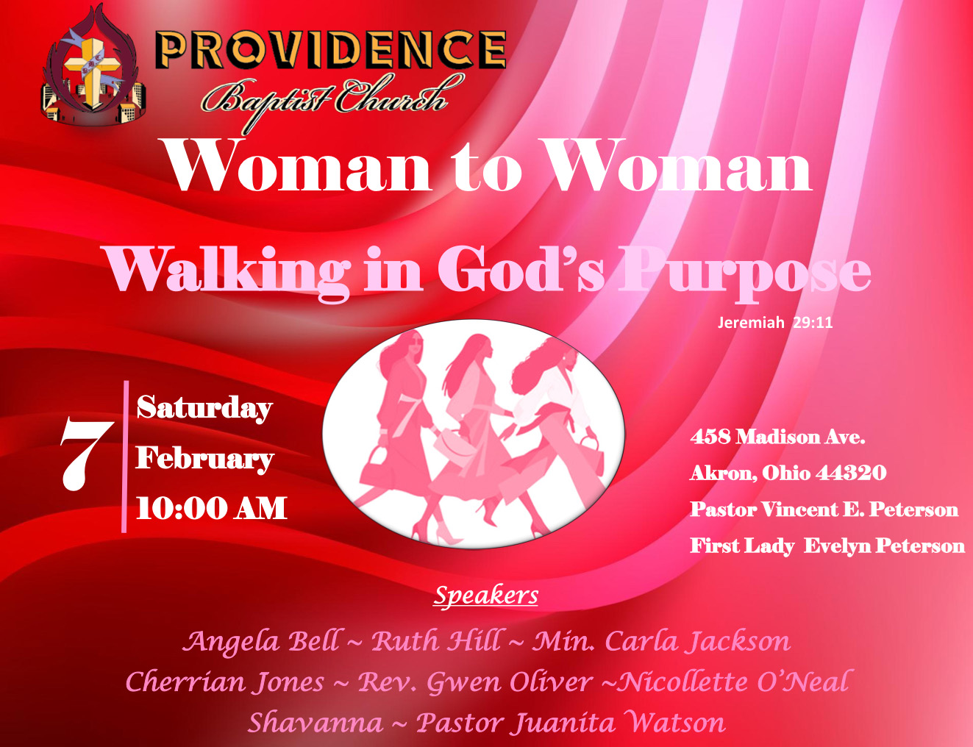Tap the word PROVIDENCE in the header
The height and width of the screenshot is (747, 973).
pos(330,50)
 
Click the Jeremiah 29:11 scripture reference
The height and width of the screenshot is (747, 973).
pos(775,323)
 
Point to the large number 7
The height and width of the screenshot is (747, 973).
pos(85,454)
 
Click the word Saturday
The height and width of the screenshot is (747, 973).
pos(204,408)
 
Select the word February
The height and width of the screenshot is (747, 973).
pos(204,458)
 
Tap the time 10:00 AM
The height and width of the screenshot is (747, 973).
pos(211,508)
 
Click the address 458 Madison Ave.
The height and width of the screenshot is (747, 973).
pos(777,437)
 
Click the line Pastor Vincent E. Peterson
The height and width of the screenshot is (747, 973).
pos(824,510)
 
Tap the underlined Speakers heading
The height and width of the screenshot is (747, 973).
pos(486,595)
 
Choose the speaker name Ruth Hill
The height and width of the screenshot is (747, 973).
pos(437,641)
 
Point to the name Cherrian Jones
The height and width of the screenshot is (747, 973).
pos(224,682)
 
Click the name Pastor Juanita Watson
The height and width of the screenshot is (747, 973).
pos(571,723)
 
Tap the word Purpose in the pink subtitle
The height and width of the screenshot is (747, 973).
pos(744,271)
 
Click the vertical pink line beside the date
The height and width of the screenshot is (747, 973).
pos(125,456)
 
